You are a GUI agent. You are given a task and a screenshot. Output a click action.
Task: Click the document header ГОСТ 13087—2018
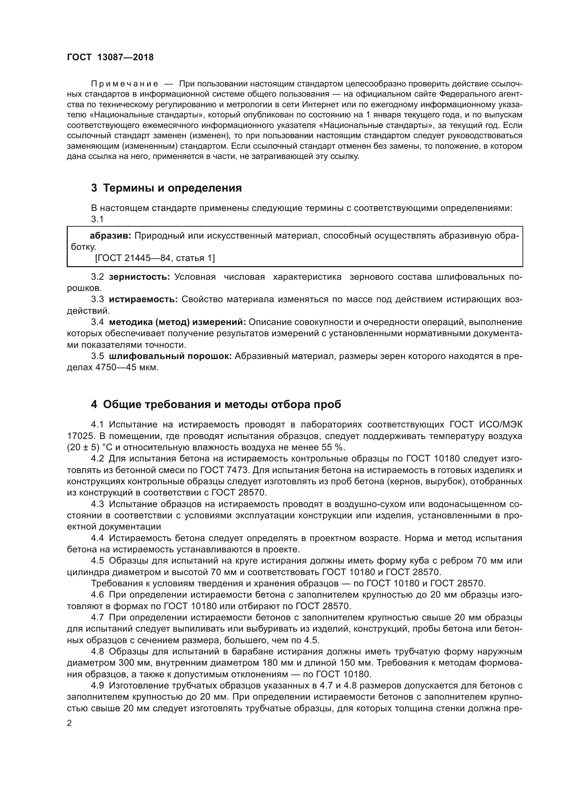tap(110, 58)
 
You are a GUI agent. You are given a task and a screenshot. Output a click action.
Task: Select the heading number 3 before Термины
tap(94, 188)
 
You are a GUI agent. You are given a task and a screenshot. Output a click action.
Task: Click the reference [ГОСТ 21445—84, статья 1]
tap(155, 258)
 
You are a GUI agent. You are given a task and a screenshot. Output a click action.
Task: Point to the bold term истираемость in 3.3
tap(143, 299)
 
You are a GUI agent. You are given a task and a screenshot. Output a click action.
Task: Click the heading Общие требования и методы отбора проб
tap(222, 405)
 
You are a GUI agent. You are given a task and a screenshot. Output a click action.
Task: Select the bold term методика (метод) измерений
tap(177, 322)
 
